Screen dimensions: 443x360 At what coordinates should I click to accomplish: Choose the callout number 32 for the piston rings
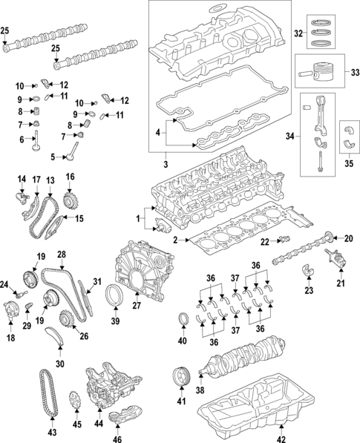pyautogui.click(x=298, y=33)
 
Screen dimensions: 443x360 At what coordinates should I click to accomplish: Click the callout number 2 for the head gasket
pyautogui.click(x=176, y=240)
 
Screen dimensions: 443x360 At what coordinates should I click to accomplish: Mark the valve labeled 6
pyautogui.click(x=35, y=142)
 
